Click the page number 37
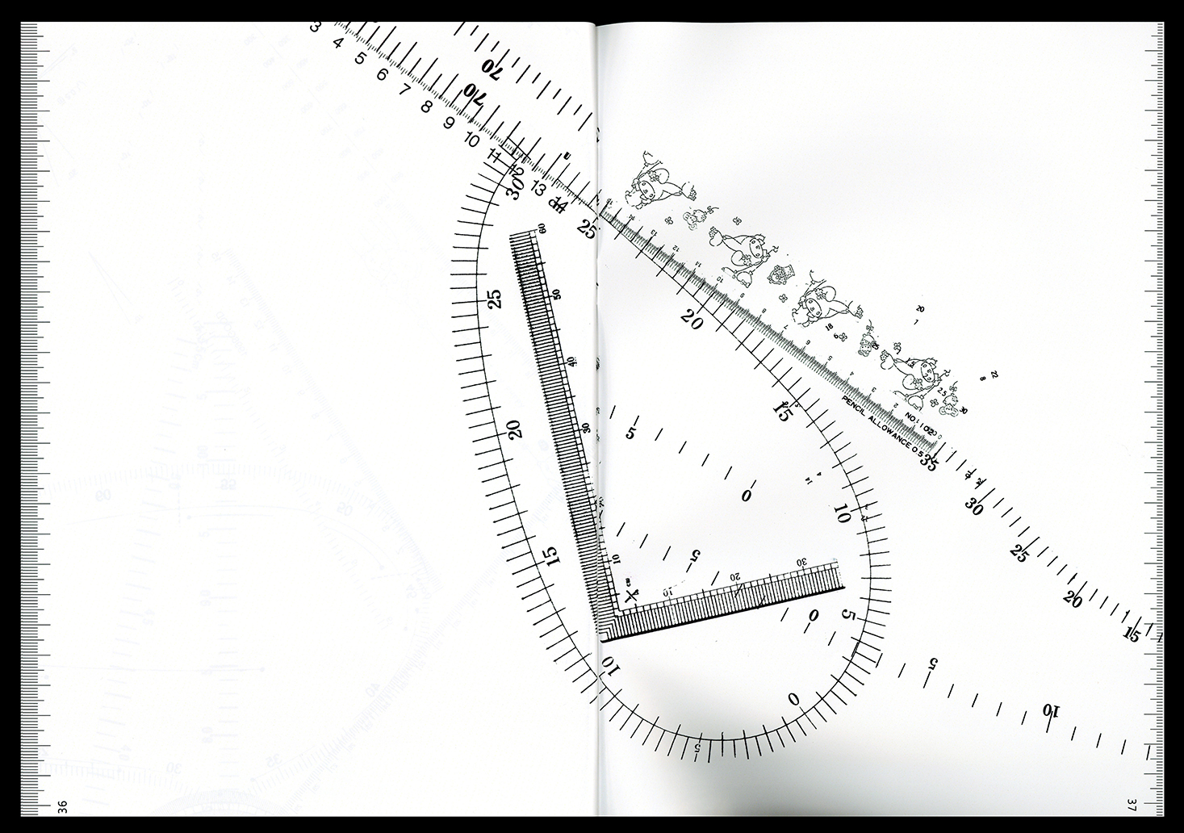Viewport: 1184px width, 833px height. point(1133,806)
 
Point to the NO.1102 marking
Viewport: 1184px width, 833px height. point(918,425)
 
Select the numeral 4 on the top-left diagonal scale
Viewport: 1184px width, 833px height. point(338,42)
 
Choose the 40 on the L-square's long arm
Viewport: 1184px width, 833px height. point(571,361)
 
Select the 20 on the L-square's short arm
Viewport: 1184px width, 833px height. point(734,577)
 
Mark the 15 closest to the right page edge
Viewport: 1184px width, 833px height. point(1132,635)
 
